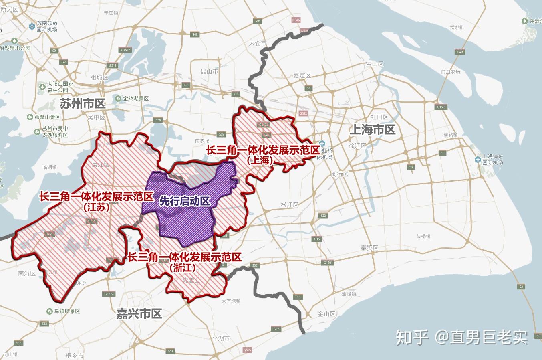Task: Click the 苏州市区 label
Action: click(83, 104)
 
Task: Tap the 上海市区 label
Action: click(372, 129)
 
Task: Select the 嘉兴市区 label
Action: click(139, 313)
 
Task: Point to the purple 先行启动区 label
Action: click(185, 201)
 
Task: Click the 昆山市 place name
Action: click(209, 71)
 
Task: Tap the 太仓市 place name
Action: click(257, 43)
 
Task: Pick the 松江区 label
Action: click(290, 205)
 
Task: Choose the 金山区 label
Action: click(326, 314)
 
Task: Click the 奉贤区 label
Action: click(369, 248)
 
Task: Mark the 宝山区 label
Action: click(375, 64)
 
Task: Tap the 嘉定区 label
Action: click(302, 75)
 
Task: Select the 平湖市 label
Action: click(221, 338)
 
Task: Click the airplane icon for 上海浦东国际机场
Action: click(478, 159)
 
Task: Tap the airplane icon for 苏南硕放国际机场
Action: click(32, 26)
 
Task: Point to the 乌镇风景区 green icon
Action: click(49, 311)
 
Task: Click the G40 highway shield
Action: click(459, 52)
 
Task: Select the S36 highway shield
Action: click(254, 265)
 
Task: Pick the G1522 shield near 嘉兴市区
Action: click(109, 294)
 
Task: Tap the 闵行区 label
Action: click(340, 174)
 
